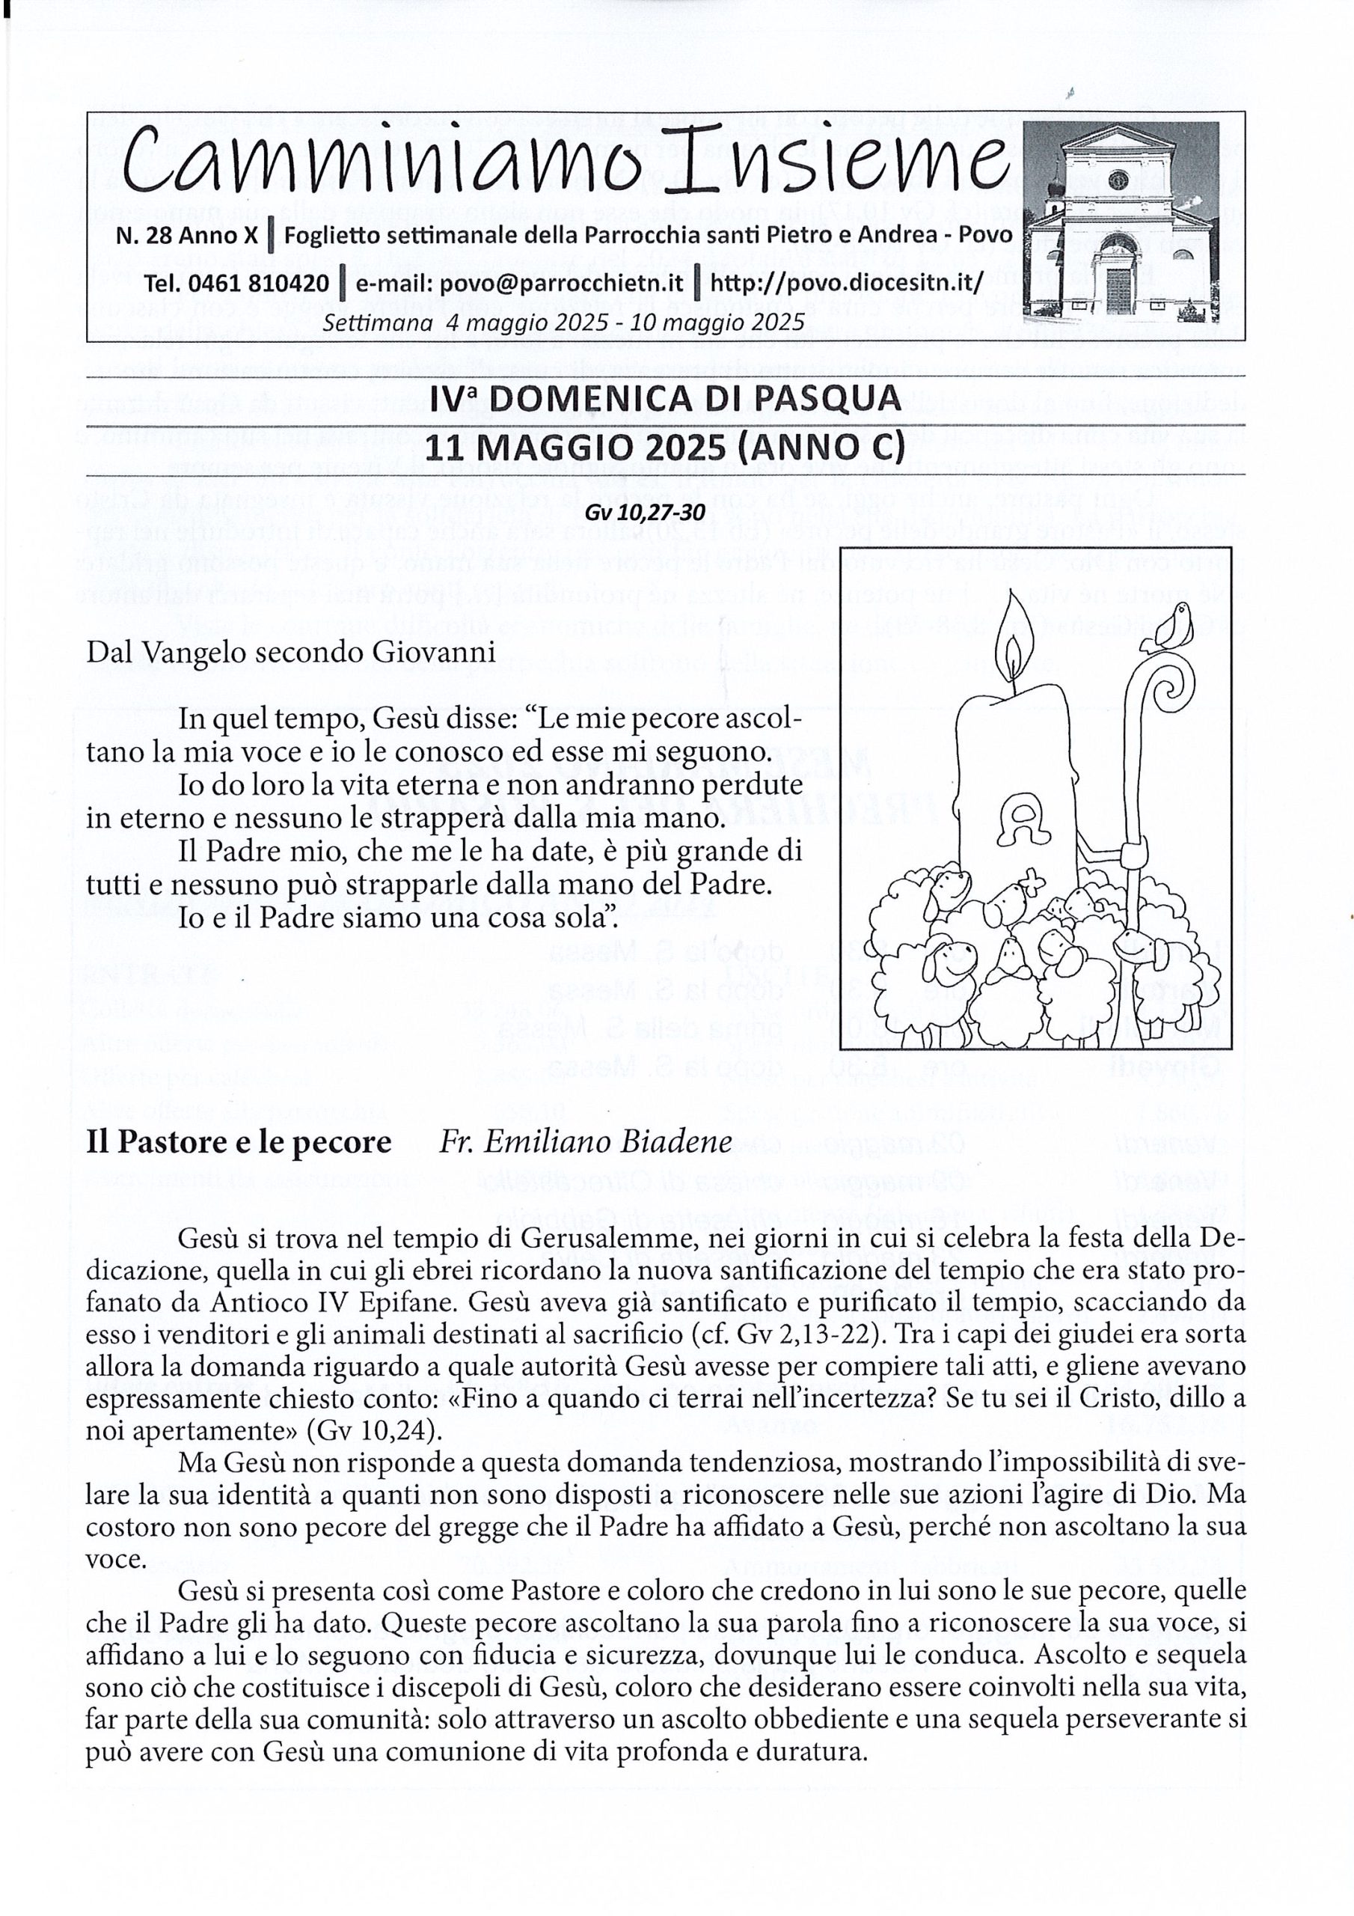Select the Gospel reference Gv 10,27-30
tap(665, 513)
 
